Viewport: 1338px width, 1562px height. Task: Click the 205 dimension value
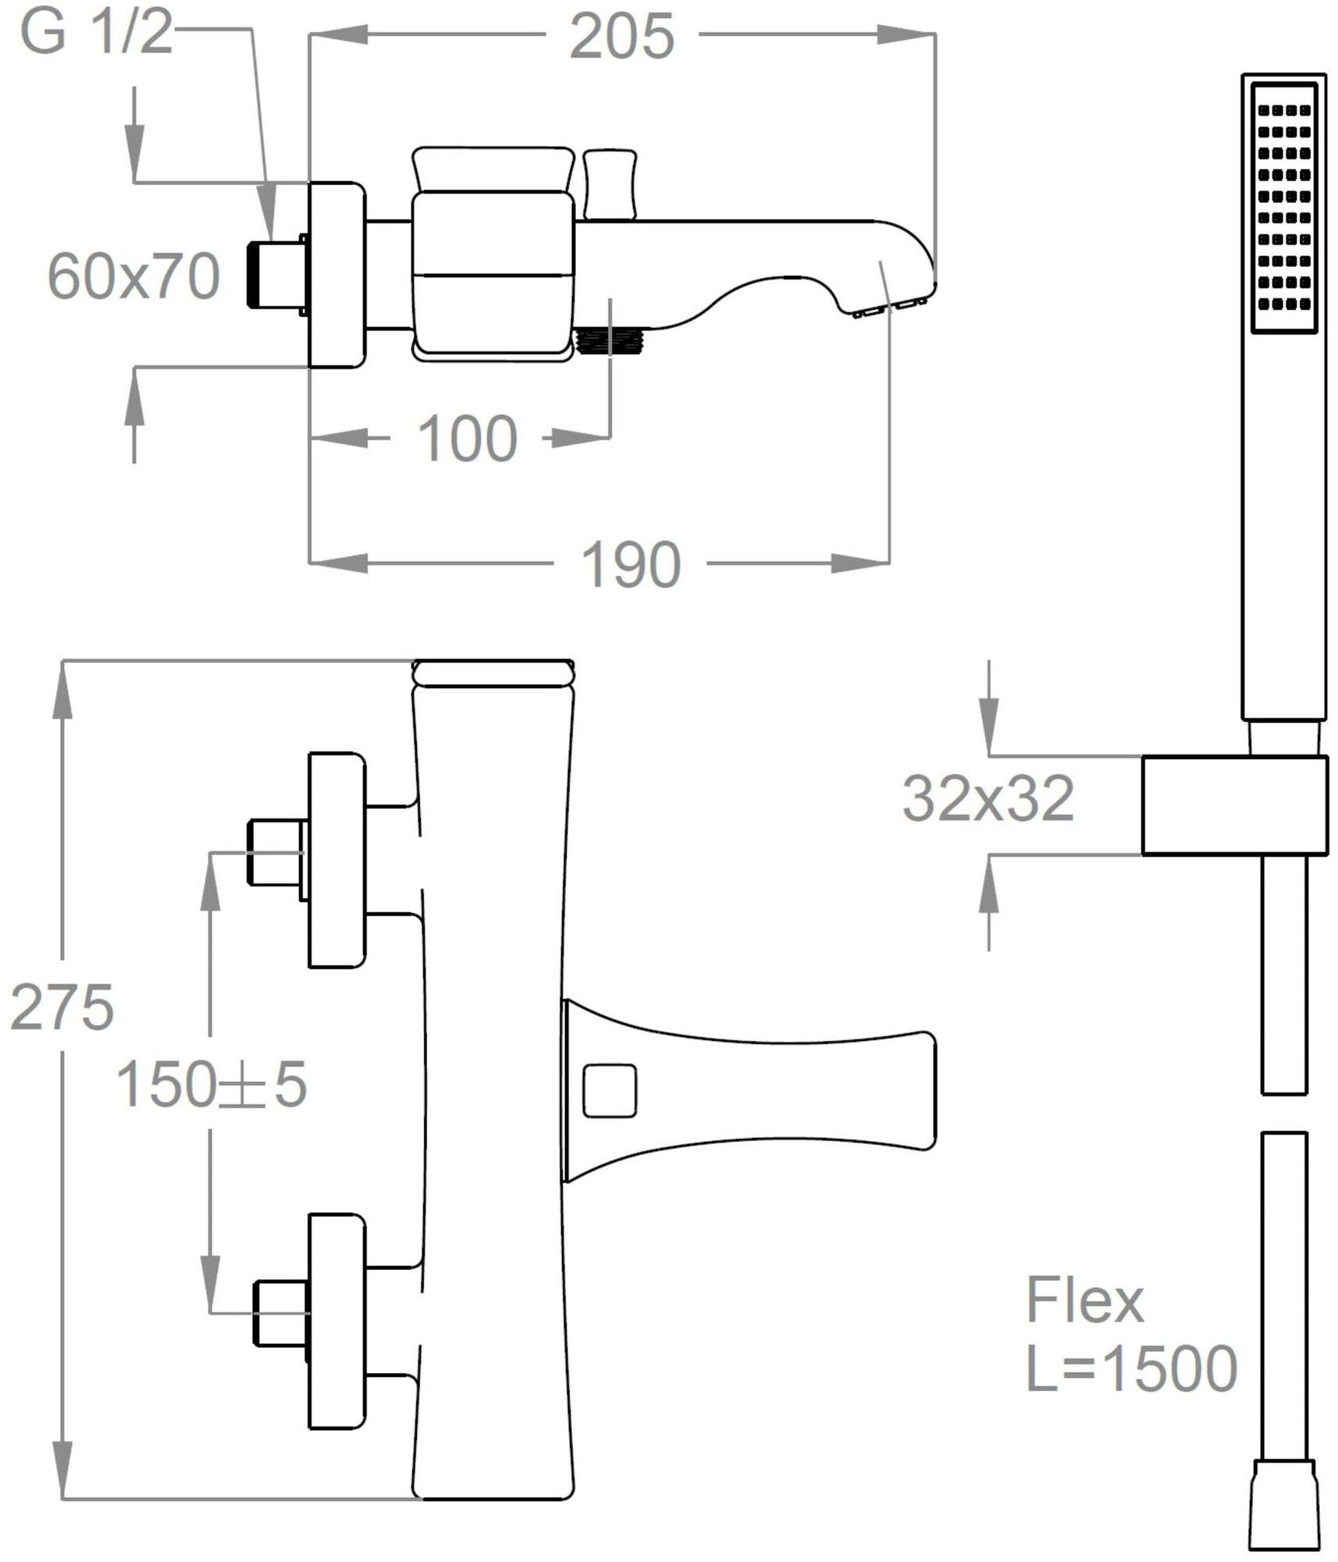pos(621,36)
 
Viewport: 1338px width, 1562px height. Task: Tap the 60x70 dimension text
pos(133,276)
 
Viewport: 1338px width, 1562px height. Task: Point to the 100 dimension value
pos(468,438)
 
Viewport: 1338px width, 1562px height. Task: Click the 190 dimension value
pos(631,564)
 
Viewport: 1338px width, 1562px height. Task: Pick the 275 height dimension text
pos(62,1007)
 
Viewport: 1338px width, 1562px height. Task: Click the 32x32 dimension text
pos(988,798)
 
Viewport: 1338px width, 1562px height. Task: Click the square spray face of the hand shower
pos(1284,208)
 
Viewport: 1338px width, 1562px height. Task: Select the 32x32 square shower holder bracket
pos(1234,805)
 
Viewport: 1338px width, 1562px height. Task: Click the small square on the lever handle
pos(610,1090)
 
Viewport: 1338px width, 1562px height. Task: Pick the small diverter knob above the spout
pos(610,184)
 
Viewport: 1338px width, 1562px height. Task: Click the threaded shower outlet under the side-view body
pos(607,341)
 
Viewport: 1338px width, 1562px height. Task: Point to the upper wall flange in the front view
pos(337,860)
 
